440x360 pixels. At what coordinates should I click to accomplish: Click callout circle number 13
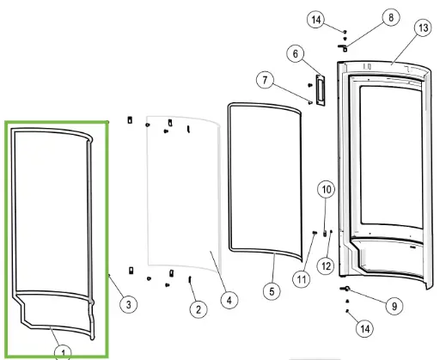[423, 28]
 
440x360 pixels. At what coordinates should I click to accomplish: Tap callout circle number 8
[391, 17]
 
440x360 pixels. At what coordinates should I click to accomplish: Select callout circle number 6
[296, 53]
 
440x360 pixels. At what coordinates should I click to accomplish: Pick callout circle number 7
[265, 80]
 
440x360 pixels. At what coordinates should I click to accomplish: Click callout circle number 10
[327, 189]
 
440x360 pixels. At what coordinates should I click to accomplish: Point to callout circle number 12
[326, 266]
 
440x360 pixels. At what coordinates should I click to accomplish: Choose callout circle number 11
[302, 279]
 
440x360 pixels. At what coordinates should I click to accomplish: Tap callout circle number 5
[272, 291]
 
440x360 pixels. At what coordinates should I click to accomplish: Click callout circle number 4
[229, 301]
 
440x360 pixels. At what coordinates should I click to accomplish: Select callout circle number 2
[199, 309]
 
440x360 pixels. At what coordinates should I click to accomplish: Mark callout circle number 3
[128, 304]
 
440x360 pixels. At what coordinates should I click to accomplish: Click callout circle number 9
[394, 306]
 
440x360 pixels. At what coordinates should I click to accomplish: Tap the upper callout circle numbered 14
[315, 20]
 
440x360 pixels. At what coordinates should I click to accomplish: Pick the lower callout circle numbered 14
[364, 328]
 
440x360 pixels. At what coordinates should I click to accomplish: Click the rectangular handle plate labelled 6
[321, 90]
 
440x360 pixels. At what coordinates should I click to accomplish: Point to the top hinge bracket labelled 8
[343, 48]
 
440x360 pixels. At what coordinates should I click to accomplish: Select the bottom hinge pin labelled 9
[345, 289]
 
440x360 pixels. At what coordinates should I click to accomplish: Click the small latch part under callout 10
[325, 234]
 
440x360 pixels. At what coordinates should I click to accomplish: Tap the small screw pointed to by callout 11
[315, 233]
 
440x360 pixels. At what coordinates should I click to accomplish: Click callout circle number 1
[63, 352]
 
